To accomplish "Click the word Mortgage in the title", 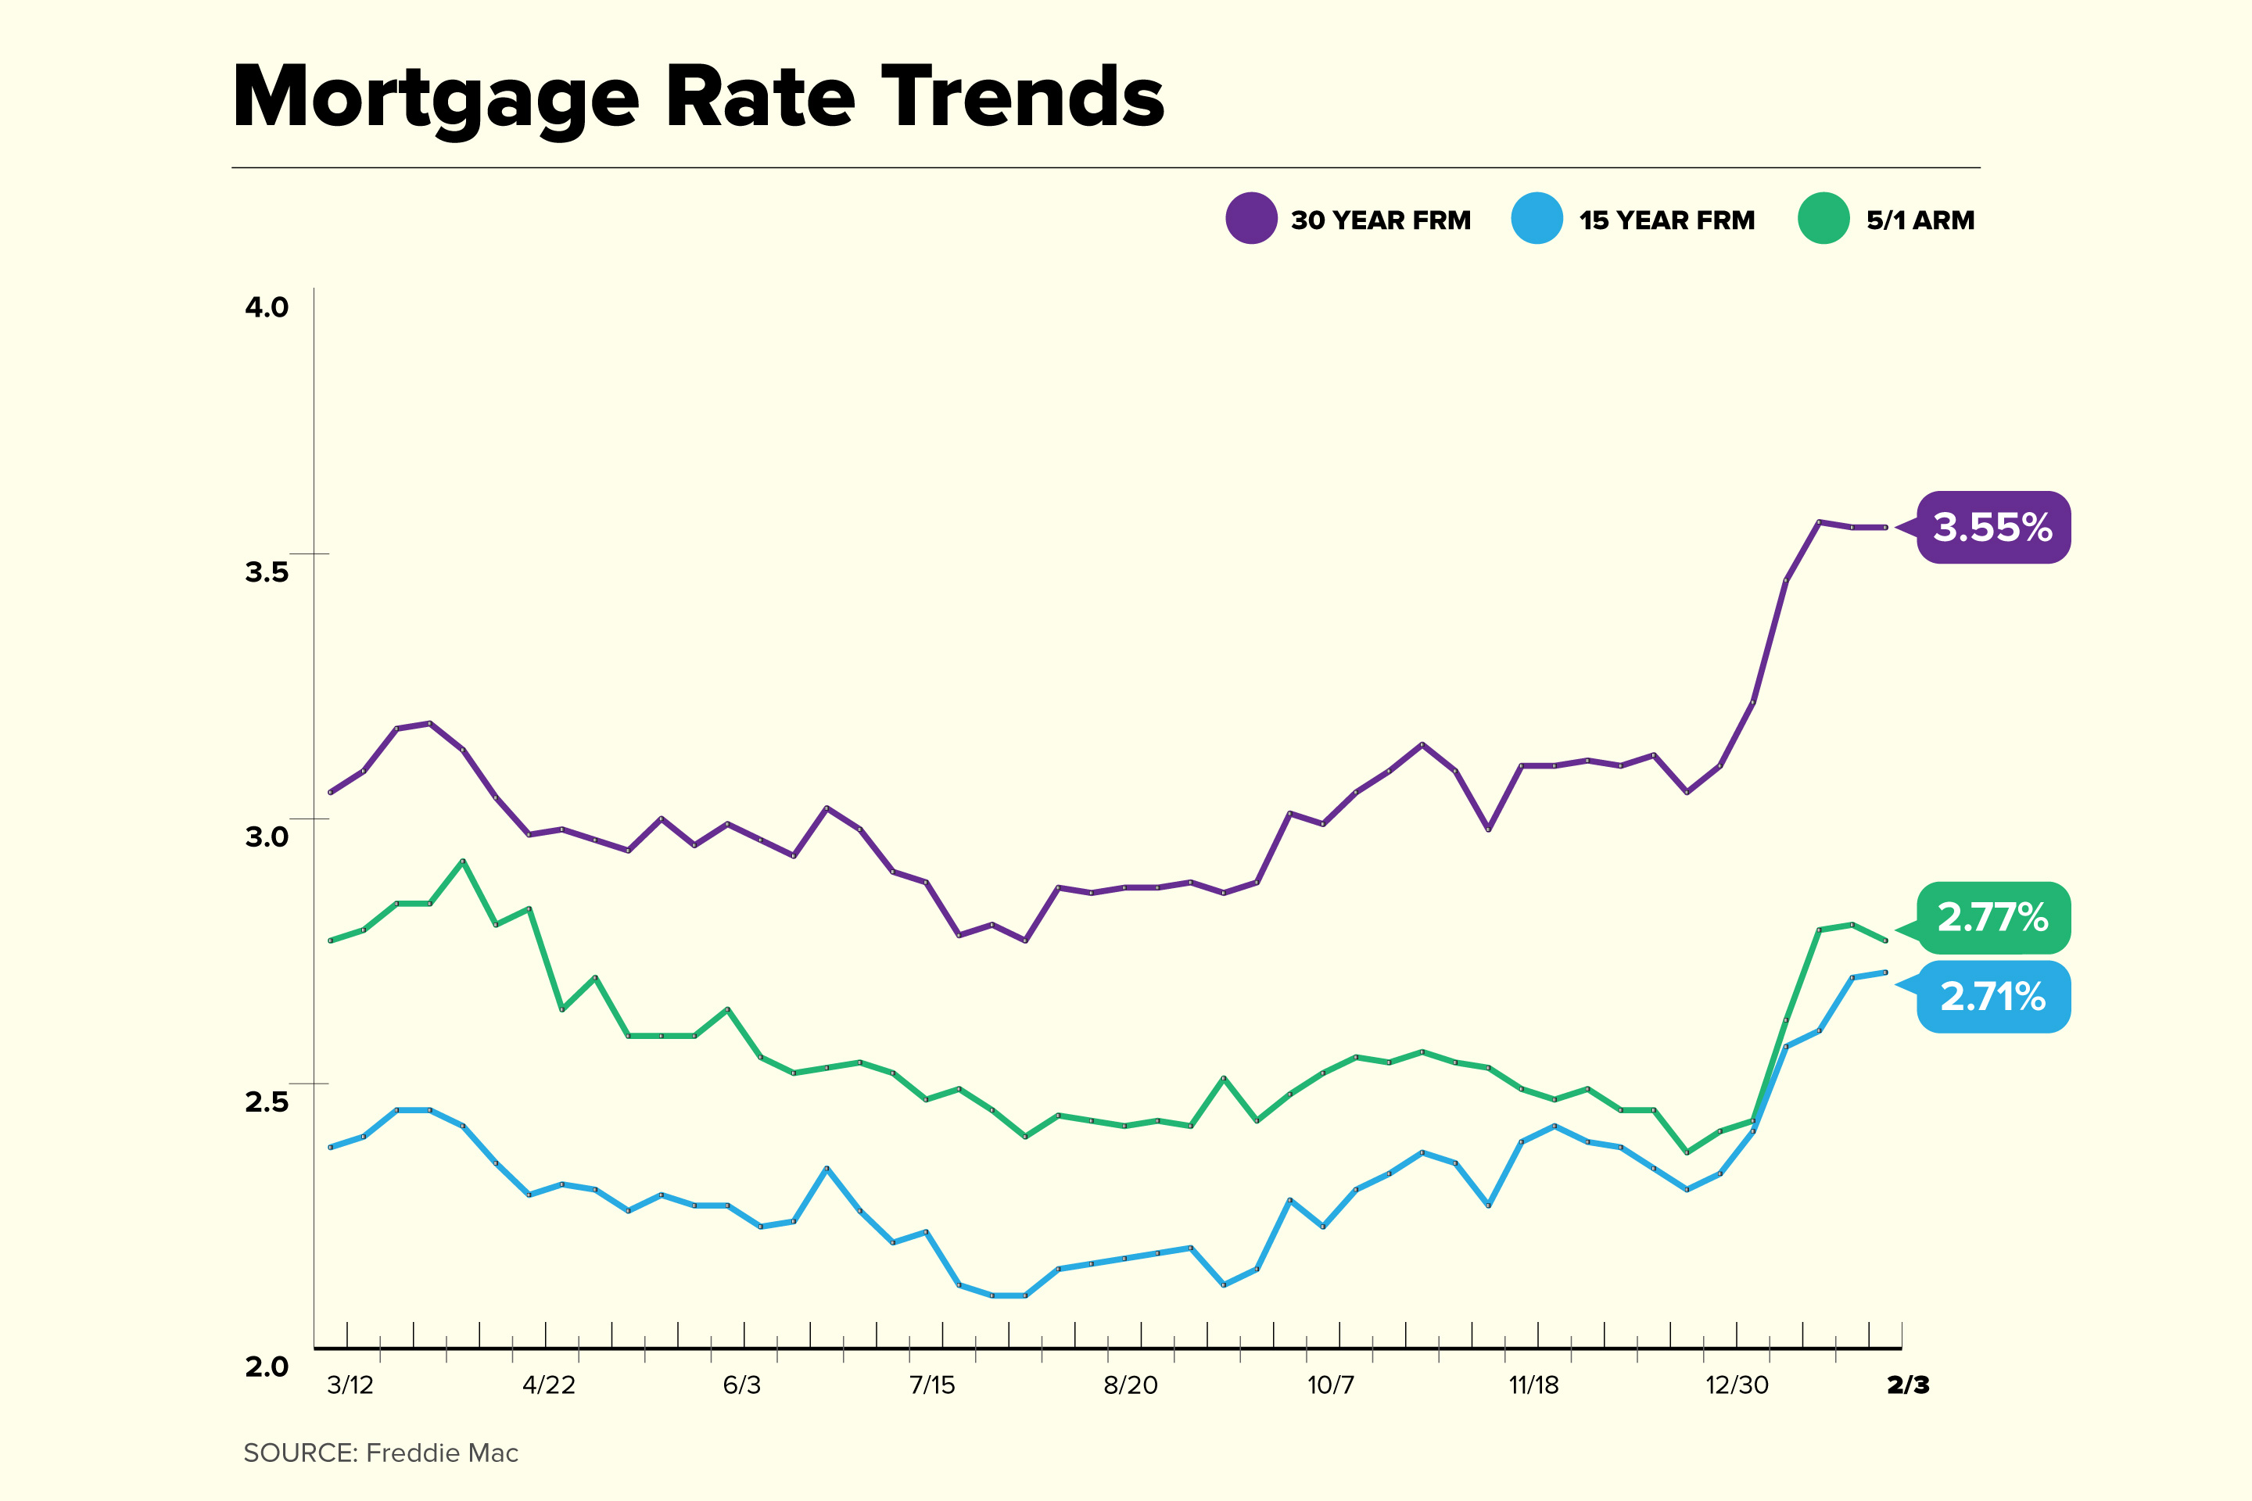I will coord(436,99).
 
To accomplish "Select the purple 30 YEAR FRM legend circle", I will coord(1251,218).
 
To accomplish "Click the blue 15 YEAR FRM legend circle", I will coord(1537,218).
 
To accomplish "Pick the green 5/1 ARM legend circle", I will coord(1823,218).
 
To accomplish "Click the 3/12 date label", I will coord(350,1385).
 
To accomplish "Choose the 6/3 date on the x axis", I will coord(741,1385).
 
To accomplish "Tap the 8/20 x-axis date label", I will coord(1130,1385).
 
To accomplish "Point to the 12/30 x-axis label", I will coord(1737,1385).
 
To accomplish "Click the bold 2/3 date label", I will coord(1907,1385).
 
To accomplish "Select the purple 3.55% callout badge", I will coord(1992,528).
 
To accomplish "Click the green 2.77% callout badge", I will coord(1992,918).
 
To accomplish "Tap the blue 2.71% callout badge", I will coord(1992,998).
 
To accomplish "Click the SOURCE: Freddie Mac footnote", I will coord(381,1453).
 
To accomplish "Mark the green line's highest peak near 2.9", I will coord(464,861).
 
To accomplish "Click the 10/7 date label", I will coord(1331,1385).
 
